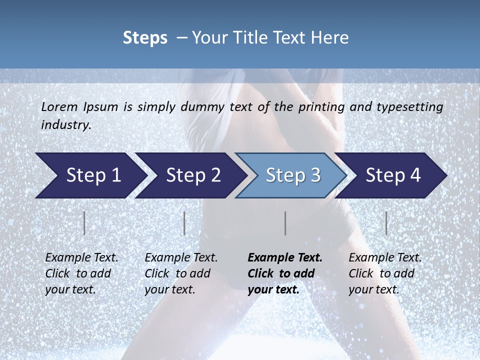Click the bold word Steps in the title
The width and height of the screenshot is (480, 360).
click(145, 38)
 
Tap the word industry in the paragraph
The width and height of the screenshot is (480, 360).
click(65, 125)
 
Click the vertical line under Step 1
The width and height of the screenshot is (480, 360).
click(84, 223)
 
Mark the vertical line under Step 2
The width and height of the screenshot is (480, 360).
click(184, 223)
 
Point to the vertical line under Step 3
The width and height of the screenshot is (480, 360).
click(285, 223)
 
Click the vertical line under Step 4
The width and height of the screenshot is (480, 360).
click(386, 223)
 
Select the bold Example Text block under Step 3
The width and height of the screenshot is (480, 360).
click(285, 273)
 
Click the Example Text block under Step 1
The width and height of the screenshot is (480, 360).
click(81, 273)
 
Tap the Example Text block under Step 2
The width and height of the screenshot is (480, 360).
click(181, 273)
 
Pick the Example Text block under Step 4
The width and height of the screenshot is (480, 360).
click(385, 273)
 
